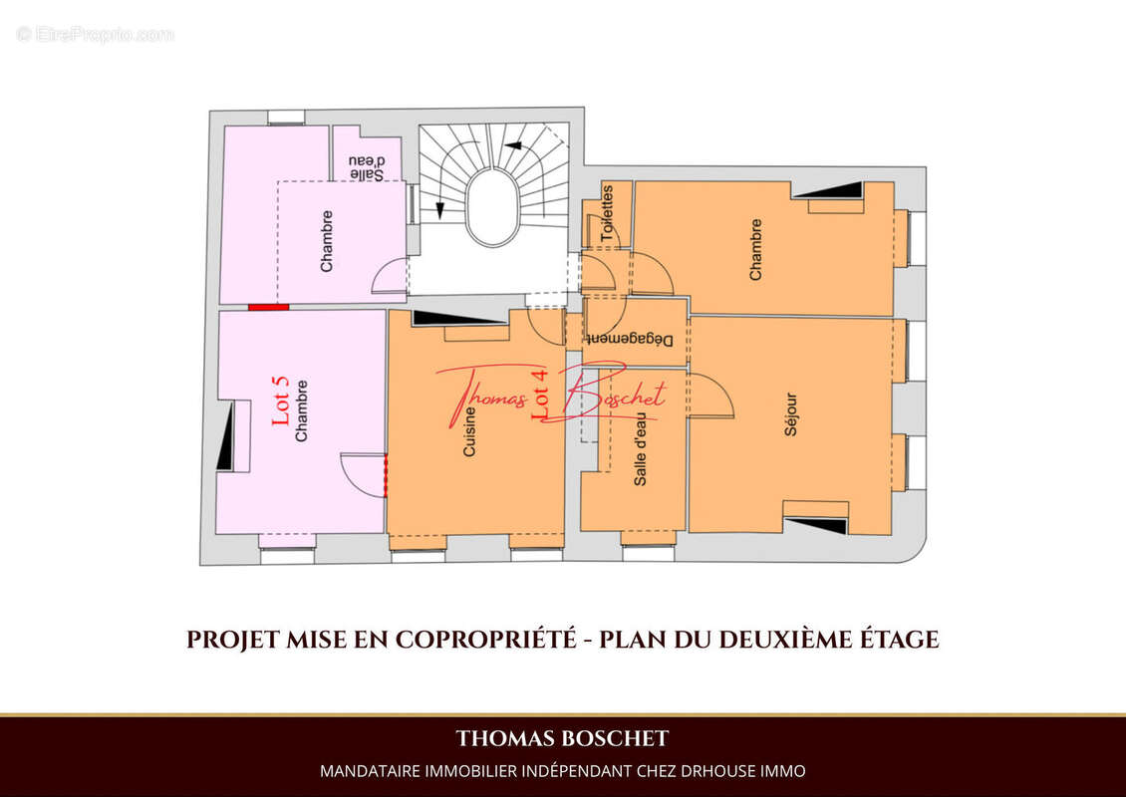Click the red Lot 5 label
[x=281, y=400]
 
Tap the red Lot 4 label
[x=540, y=394]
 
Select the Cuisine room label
[x=469, y=431]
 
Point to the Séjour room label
[x=790, y=414]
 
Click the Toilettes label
[x=608, y=212]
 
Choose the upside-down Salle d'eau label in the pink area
[x=367, y=167]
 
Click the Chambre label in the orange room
[x=755, y=250]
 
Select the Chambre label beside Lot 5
[x=302, y=410]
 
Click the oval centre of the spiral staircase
[x=495, y=207]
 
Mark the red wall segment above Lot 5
[x=269, y=307]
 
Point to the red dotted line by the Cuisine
[x=386, y=474]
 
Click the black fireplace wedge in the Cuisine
[x=446, y=318]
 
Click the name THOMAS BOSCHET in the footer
[x=562, y=738]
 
